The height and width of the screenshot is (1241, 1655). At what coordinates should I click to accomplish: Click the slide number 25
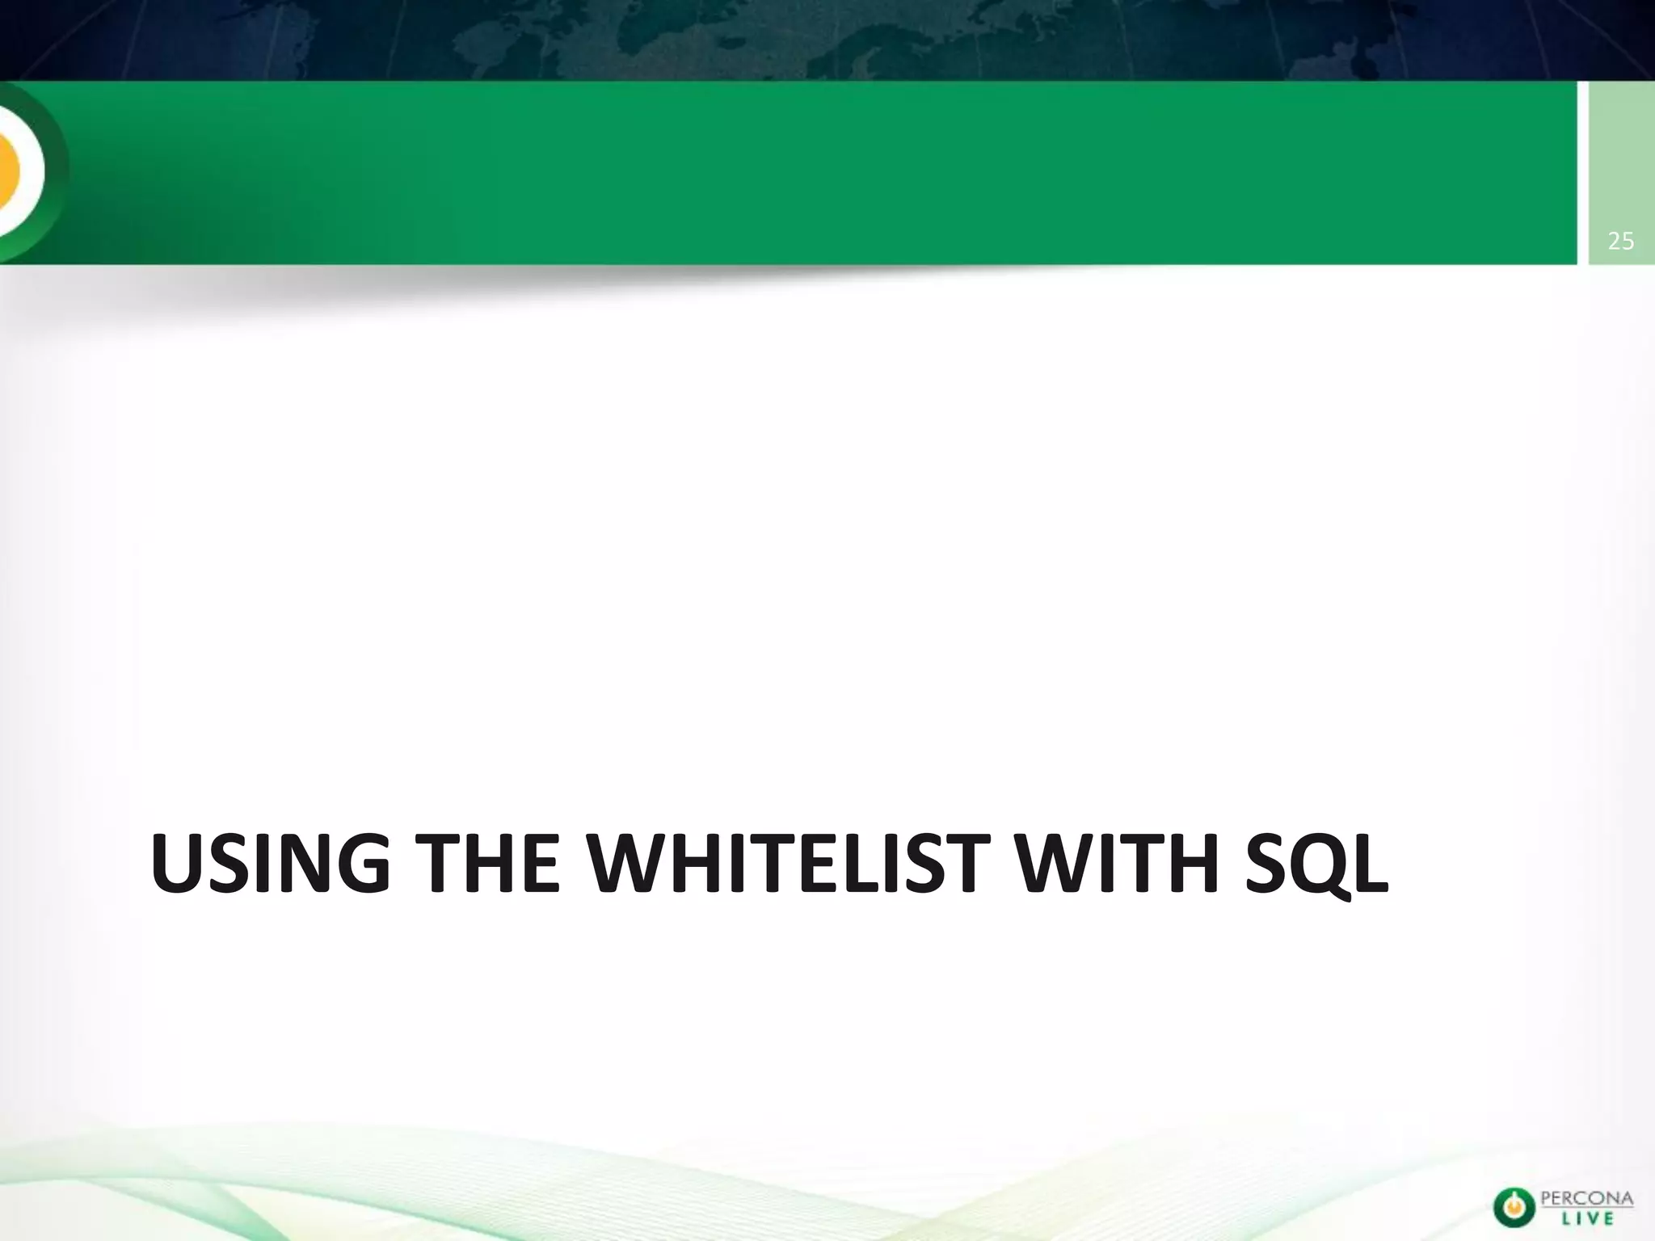click(x=1621, y=241)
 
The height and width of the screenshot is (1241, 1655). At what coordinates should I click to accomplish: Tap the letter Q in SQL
click(x=1320, y=865)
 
